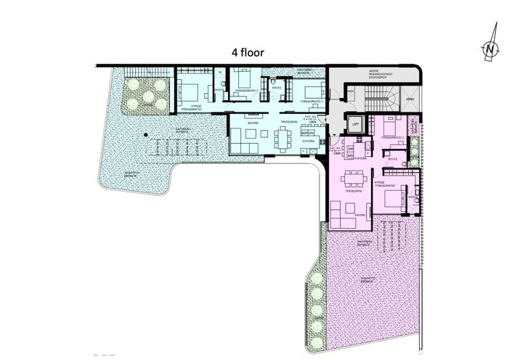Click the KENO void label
pyautogui.click(x=410, y=97)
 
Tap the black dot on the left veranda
pyautogui.click(x=145, y=134)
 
